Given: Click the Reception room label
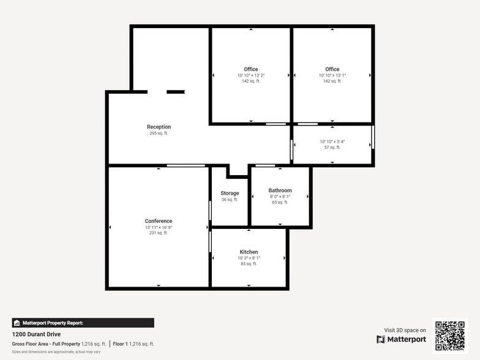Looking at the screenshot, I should (x=159, y=127).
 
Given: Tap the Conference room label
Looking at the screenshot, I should (x=159, y=221).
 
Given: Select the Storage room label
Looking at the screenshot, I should (x=230, y=193).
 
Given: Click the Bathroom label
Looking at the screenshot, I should (x=280, y=190).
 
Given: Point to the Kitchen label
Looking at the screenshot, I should (x=249, y=252).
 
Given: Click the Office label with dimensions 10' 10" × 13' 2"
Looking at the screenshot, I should (x=251, y=69).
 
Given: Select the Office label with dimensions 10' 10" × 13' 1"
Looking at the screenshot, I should (x=332, y=69).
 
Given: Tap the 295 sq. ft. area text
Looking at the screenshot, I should (x=159, y=133).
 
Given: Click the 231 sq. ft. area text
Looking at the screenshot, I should (x=159, y=233).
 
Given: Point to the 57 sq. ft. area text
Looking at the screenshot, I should (x=332, y=148).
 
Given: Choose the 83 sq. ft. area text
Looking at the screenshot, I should (x=249, y=264).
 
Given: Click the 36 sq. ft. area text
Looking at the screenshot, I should (x=230, y=200).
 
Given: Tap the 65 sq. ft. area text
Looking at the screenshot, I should (x=280, y=202).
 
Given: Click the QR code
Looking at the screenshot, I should (x=450, y=335).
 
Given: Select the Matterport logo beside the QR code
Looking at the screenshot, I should (x=401, y=339).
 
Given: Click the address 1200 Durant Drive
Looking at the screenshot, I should (x=37, y=334).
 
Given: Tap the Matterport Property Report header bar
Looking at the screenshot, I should (x=83, y=323).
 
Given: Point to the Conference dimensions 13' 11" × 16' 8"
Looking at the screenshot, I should (x=159, y=227).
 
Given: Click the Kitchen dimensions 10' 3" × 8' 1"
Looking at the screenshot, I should (x=249, y=258).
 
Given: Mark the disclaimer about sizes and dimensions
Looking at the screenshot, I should (x=56, y=352).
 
